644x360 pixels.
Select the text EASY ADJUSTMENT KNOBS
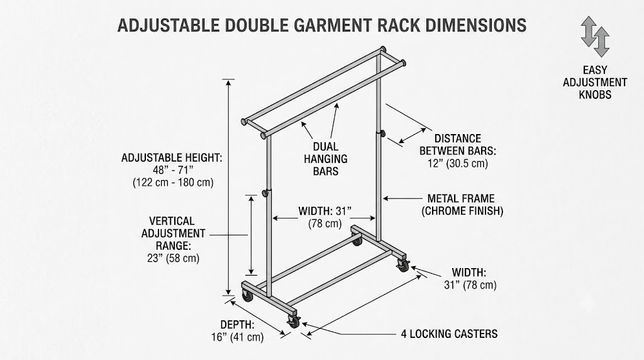coord(595,82)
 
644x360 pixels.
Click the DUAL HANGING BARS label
coord(326,159)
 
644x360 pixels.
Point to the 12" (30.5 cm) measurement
coord(458,164)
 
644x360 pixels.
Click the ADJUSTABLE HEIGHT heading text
coord(172,158)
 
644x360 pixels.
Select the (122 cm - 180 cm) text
coord(173,183)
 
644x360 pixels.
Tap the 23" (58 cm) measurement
coord(174,259)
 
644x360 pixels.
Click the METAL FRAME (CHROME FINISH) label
coord(462,205)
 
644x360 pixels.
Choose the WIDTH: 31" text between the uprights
coord(325,211)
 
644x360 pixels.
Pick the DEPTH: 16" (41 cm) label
coord(237,331)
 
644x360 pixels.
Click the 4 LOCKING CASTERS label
coord(449,334)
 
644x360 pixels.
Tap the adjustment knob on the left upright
coord(267,193)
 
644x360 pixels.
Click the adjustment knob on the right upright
coord(383,133)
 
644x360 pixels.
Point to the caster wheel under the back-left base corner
coord(247,296)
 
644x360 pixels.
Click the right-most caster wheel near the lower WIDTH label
coord(403,266)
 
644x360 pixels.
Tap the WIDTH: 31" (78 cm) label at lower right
coord(470,279)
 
